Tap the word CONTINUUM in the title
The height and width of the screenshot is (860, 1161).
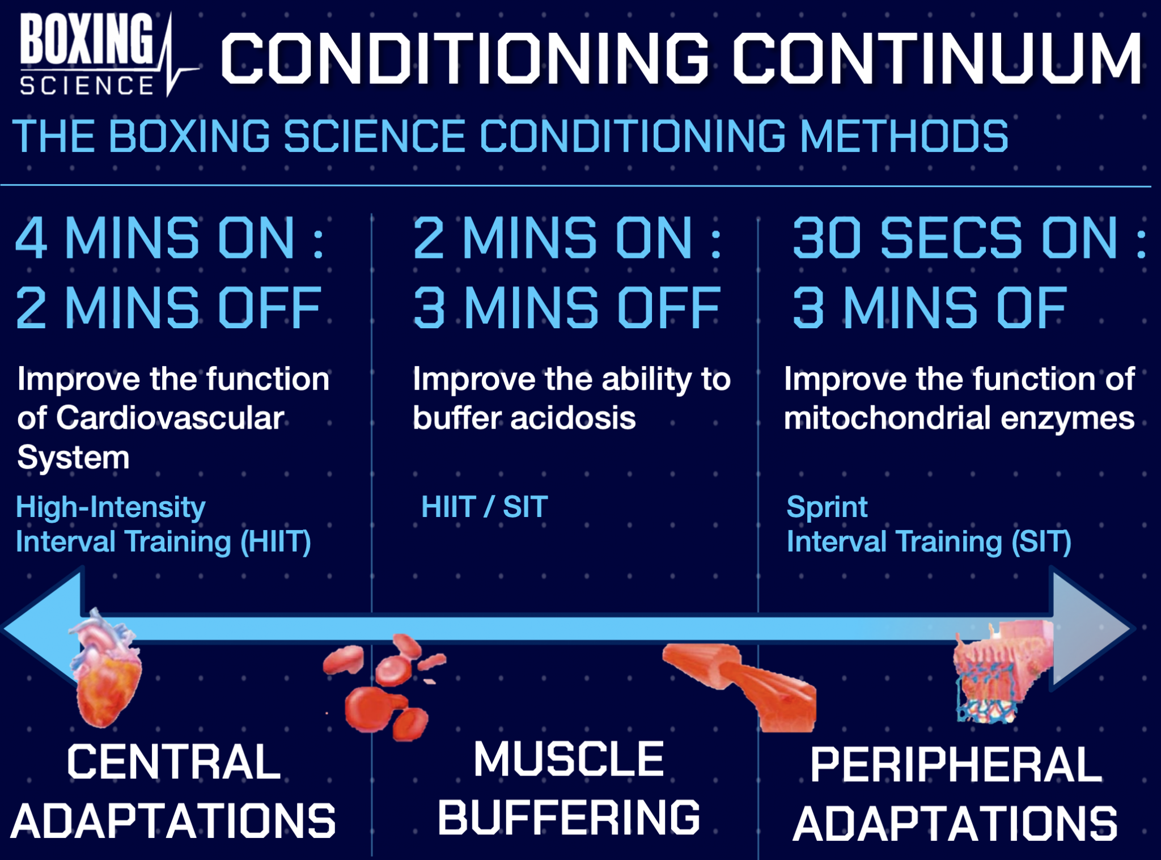pos(937,58)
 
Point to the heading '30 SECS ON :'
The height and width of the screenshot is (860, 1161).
pos(969,239)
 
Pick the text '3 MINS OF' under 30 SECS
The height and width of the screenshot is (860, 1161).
pos(929,308)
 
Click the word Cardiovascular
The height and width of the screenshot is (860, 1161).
pos(170,418)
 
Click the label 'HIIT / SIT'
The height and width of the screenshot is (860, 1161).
pos(484,506)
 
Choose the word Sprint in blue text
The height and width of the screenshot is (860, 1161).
pos(827,506)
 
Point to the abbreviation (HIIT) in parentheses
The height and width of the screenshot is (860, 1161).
pos(276,541)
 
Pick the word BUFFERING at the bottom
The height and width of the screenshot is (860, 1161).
pos(569,817)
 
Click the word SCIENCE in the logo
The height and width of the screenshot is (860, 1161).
pos(86,86)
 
